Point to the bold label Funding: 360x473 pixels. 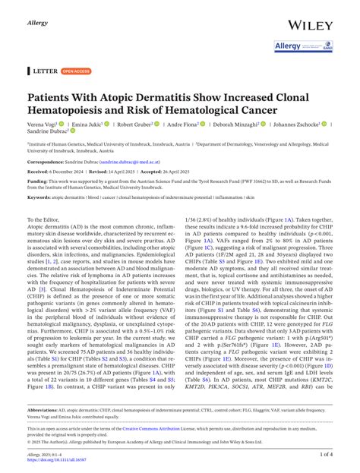39,182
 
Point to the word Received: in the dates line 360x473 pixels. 42,172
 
